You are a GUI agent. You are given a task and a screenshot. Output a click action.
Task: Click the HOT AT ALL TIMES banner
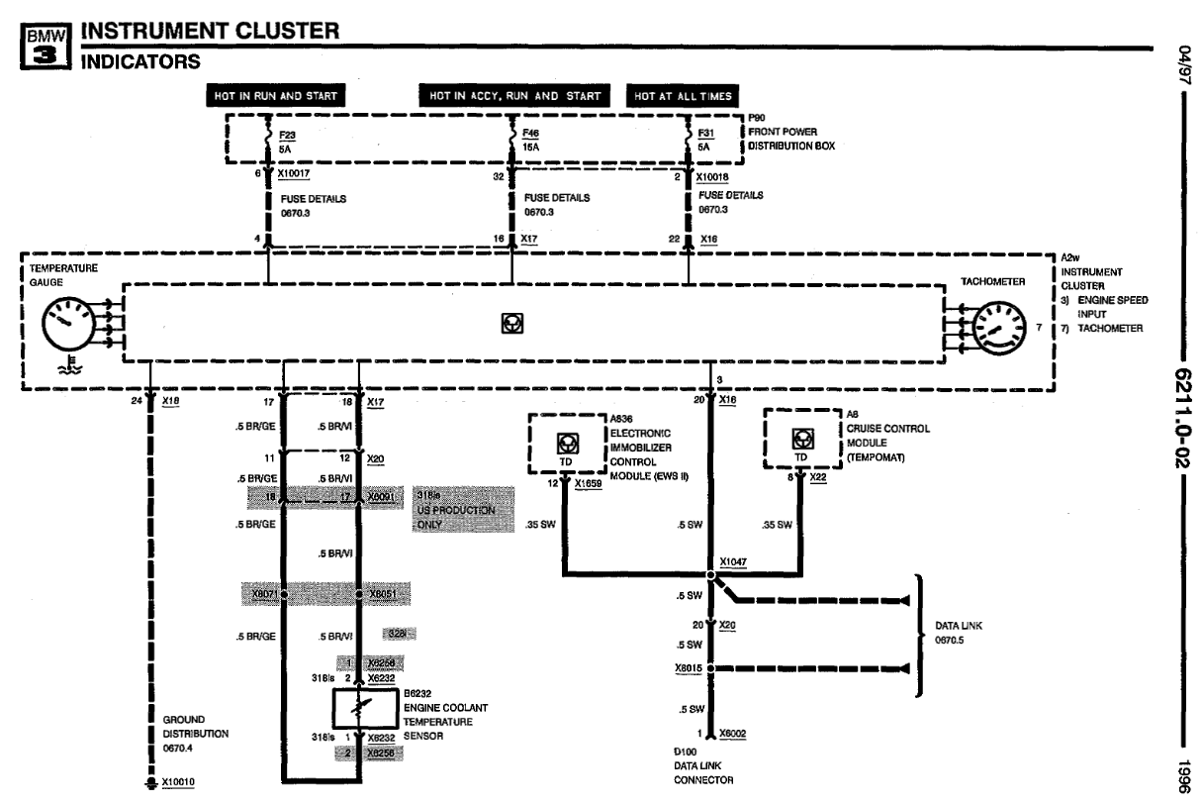682,96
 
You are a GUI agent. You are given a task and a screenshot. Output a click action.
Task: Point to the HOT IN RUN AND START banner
274,96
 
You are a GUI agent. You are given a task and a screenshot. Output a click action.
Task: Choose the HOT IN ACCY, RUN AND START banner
514,96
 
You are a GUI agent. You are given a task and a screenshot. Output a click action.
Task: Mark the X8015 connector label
687,668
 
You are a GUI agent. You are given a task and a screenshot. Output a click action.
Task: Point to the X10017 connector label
295,173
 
